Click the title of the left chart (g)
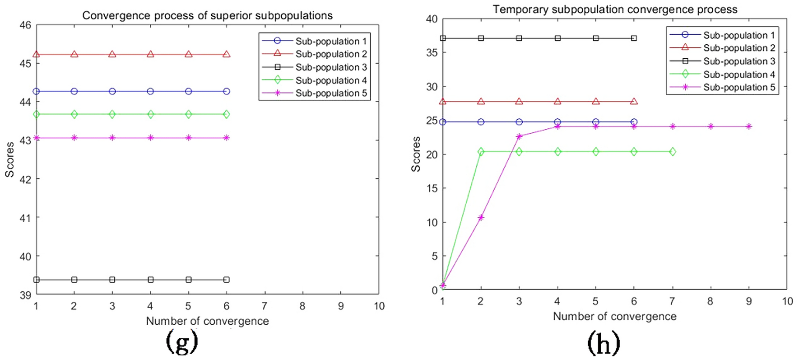(x=207, y=15)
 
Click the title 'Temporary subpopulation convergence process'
(x=615, y=9)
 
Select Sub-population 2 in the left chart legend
(x=330, y=54)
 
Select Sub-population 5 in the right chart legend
(x=739, y=88)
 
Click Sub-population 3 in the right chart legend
(x=739, y=61)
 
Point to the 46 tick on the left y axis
(x=26, y=25)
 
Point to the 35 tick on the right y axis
(x=432, y=52)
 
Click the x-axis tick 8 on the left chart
(x=302, y=306)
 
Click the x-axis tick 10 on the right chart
(x=787, y=301)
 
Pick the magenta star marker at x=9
(x=749, y=126)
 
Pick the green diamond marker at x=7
(x=673, y=152)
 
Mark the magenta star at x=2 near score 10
(x=481, y=217)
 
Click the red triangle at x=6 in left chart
(x=227, y=54)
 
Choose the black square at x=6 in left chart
(x=227, y=280)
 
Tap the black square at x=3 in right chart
(x=519, y=38)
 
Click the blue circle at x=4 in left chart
(x=150, y=91)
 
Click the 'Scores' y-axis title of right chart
(x=416, y=154)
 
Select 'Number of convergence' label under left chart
(x=207, y=321)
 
